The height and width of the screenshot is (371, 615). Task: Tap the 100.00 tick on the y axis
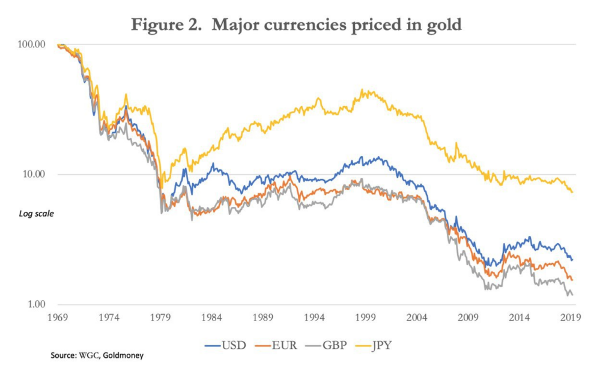(33, 45)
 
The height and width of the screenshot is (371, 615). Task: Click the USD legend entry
(224, 346)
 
